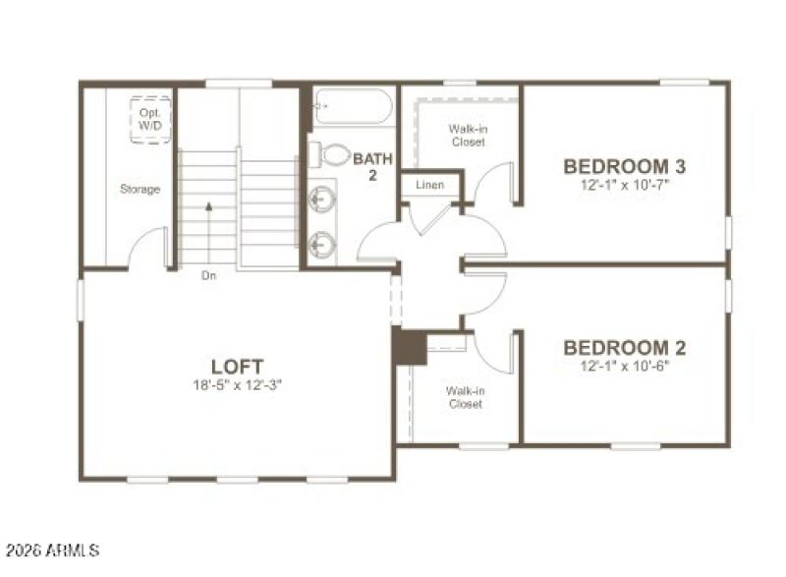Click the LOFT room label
click(238, 367)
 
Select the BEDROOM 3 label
click(624, 166)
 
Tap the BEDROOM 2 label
click(624, 348)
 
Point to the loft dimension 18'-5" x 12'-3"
click(238, 385)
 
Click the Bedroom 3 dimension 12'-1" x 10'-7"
click(624, 184)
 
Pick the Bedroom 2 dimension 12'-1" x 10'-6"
click(624, 366)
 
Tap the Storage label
click(140, 189)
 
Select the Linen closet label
click(429, 185)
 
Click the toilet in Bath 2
click(332, 154)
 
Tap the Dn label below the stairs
click(208, 276)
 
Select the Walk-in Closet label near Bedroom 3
click(467, 135)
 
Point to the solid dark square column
click(408, 346)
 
